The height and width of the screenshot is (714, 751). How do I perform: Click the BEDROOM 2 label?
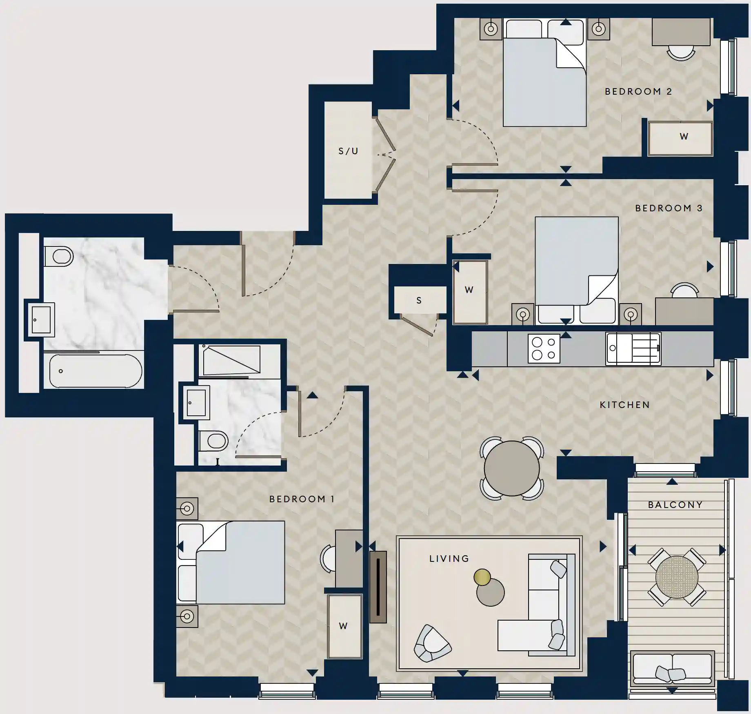[638, 91]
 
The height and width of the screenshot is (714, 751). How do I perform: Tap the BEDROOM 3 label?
[669, 208]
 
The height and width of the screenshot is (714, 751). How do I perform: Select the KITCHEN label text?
[624, 405]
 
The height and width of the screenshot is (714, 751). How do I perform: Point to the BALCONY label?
[675, 505]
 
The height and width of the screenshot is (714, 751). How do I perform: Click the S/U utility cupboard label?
[348, 151]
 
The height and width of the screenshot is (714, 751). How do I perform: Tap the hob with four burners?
[544, 348]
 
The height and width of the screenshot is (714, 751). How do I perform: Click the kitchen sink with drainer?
[633, 348]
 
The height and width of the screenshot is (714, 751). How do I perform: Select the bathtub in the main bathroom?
[96, 371]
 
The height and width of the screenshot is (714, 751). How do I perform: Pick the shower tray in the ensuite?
[231, 360]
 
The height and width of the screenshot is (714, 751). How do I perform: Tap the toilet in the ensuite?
[213, 441]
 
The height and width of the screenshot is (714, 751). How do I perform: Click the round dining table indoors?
[511, 468]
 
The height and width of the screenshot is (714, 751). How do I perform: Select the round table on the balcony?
[676, 577]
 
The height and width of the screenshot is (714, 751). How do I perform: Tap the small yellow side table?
[482, 577]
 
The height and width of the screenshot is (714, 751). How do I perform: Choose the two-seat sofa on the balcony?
[672, 669]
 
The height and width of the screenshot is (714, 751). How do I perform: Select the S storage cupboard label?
[419, 300]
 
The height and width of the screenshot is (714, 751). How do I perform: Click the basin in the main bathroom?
[41, 319]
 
